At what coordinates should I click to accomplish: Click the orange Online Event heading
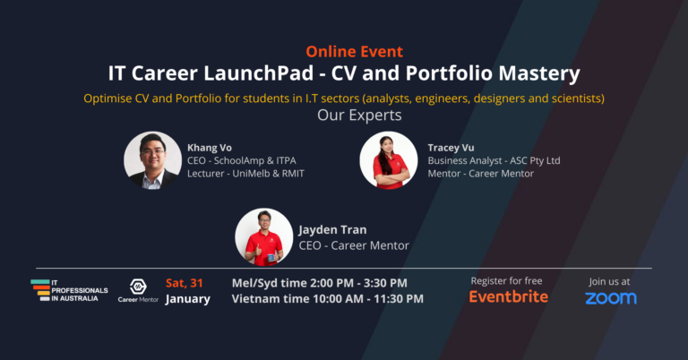pyautogui.click(x=354, y=51)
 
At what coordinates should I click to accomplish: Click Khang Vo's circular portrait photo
pyautogui.click(x=152, y=160)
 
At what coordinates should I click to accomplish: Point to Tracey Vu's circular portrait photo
pyautogui.click(x=388, y=160)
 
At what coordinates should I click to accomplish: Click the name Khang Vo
pyautogui.click(x=209, y=146)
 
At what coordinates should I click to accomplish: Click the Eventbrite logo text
pyautogui.click(x=509, y=296)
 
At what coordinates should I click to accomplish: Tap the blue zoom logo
pyautogui.click(x=611, y=297)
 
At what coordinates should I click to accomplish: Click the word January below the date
pyautogui.click(x=188, y=299)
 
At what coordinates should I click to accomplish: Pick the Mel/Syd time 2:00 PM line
pyautogui.click(x=319, y=283)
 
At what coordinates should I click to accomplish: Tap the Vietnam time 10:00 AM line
pyautogui.click(x=327, y=299)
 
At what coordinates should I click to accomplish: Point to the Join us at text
pyautogui.click(x=611, y=280)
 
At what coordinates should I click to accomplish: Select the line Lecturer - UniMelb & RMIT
pyautogui.click(x=245, y=173)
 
